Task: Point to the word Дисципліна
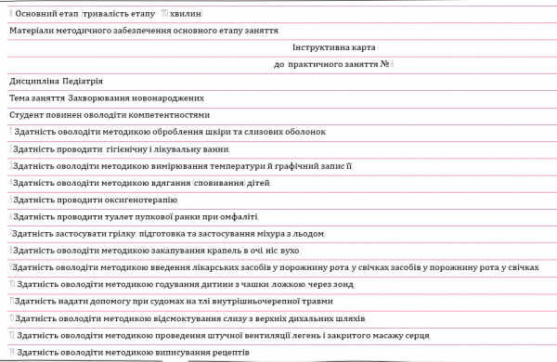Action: pos(33,82)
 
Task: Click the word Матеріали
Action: pos(34,31)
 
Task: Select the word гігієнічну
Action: pos(135,149)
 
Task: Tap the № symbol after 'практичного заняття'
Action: pos(384,64)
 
